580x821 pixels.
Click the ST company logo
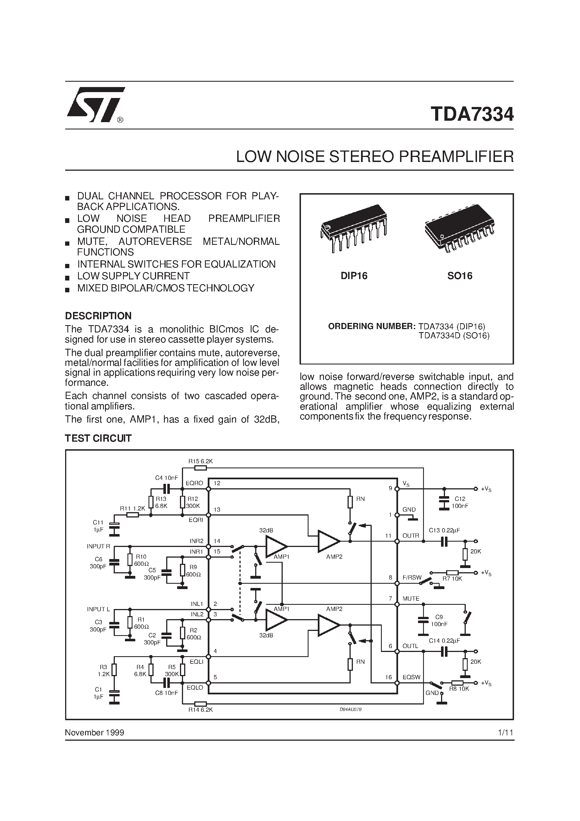click(95, 105)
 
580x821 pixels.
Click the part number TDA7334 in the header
click(472, 115)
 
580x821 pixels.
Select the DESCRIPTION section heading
click(98, 316)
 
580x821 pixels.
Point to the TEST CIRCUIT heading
click(98, 438)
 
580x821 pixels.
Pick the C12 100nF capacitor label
click(460, 502)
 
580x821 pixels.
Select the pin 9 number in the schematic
click(391, 488)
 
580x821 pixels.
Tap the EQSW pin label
click(411, 677)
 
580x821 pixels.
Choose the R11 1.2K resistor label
click(132, 508)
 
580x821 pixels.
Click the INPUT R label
click(98, 546)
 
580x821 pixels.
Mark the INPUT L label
click(98, 609)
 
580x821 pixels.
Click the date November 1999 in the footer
click(94, 733)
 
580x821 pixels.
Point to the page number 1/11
click(505, 733)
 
